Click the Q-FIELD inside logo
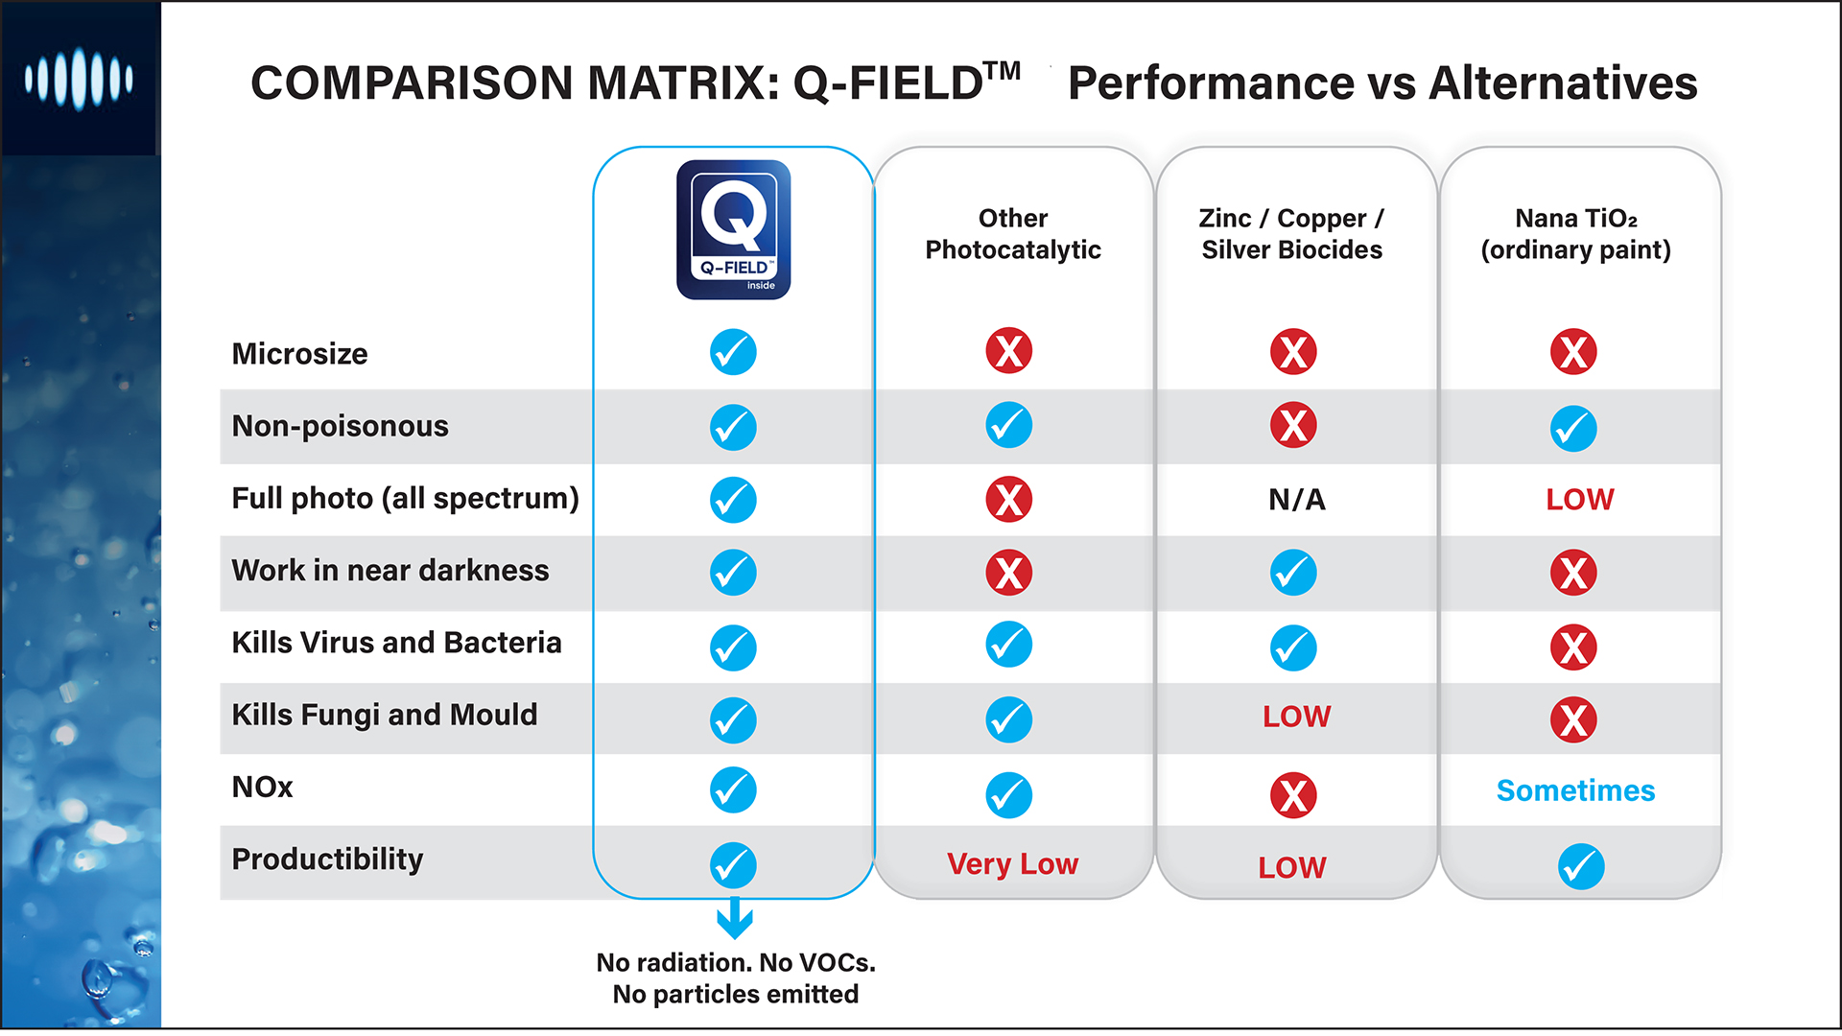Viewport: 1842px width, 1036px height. [733, 229]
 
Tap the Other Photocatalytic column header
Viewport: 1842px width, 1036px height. [1012, 234]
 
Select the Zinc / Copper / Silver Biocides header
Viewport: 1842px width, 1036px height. [1291, 234]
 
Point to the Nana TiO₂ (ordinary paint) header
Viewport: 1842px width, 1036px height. [1575, 234]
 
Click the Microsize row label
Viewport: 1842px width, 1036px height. [299, 354]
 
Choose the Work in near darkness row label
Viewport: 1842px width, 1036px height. [390, 571]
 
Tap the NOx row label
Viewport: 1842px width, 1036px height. [262, 788]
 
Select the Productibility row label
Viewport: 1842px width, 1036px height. [327, 859]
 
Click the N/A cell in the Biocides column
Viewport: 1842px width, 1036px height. [1296, 500]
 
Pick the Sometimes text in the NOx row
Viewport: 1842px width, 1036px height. [1575, 790]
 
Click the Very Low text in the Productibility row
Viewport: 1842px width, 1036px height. [1012, 864]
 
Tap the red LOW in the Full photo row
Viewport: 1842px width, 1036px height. [1579, 500]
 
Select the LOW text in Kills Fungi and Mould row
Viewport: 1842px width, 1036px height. [1296, 717]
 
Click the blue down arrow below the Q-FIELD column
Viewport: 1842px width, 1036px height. [735, 918]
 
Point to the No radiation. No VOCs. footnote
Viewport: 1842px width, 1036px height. [736, 963]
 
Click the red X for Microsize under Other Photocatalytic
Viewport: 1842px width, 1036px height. [1008, 351]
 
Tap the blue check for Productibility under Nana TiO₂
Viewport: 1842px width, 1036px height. [1580, 867]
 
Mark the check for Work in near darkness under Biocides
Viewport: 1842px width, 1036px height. [1292, 573]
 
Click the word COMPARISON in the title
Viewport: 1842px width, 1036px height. [412, 83]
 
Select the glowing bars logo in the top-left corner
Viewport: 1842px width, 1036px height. [79, 79]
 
